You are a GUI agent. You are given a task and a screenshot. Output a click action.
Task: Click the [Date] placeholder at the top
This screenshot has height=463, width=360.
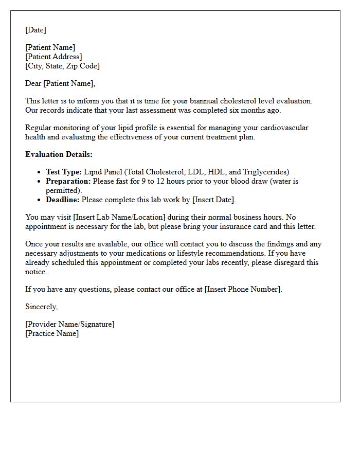[35, 30]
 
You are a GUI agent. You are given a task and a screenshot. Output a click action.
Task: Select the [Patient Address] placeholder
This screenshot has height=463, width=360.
[53, 57]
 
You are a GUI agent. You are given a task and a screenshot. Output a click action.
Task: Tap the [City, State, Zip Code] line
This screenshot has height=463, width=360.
[62, 66]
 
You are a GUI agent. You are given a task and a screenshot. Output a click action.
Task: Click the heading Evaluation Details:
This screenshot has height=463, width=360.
[59, 154]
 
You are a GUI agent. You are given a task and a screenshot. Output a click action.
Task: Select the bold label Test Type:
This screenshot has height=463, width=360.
[63, 172]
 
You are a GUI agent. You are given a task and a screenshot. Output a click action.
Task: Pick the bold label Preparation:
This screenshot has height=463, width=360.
[68, 181]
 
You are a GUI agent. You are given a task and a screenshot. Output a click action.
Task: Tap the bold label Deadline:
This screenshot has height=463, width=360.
[63, 200]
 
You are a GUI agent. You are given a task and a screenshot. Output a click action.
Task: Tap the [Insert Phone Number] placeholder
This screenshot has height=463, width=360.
[243, 289]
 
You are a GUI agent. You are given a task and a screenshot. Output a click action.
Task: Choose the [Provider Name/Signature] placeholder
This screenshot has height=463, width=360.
[70, 324]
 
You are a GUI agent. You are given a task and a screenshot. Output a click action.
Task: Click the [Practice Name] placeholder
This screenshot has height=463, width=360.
[52, 333]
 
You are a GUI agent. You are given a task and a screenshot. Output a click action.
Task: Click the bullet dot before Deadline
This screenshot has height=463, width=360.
[40, 200]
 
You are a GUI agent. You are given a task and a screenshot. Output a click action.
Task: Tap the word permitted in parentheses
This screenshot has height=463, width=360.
[63, 190]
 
